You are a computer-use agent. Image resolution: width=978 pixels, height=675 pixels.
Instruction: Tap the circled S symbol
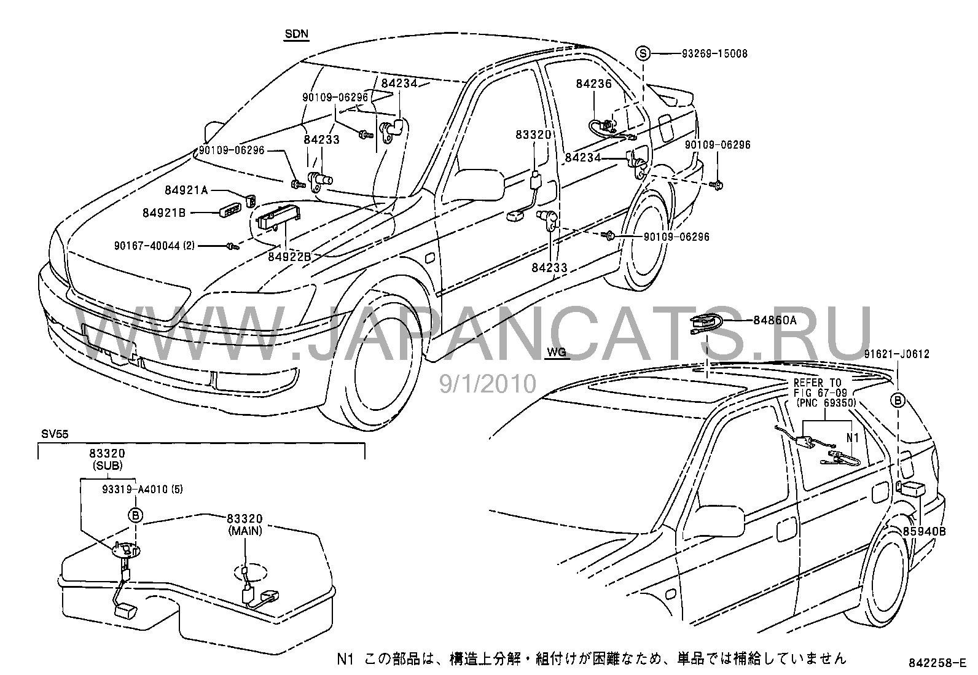tap(643, 53)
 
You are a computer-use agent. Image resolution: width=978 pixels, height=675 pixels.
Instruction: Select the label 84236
tap(593, 84)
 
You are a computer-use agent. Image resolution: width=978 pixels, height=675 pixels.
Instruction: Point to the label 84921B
tap(164, 213)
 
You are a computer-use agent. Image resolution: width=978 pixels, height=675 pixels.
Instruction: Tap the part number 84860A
tap(775, 320)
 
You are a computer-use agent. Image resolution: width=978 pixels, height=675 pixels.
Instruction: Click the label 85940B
tap(924, 531)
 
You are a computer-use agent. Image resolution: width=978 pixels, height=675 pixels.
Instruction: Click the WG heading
tap(555, 353)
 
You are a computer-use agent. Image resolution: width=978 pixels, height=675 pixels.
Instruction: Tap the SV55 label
tap(51, 434)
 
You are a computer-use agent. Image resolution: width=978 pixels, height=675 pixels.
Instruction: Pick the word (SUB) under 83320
tap(107, 466)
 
